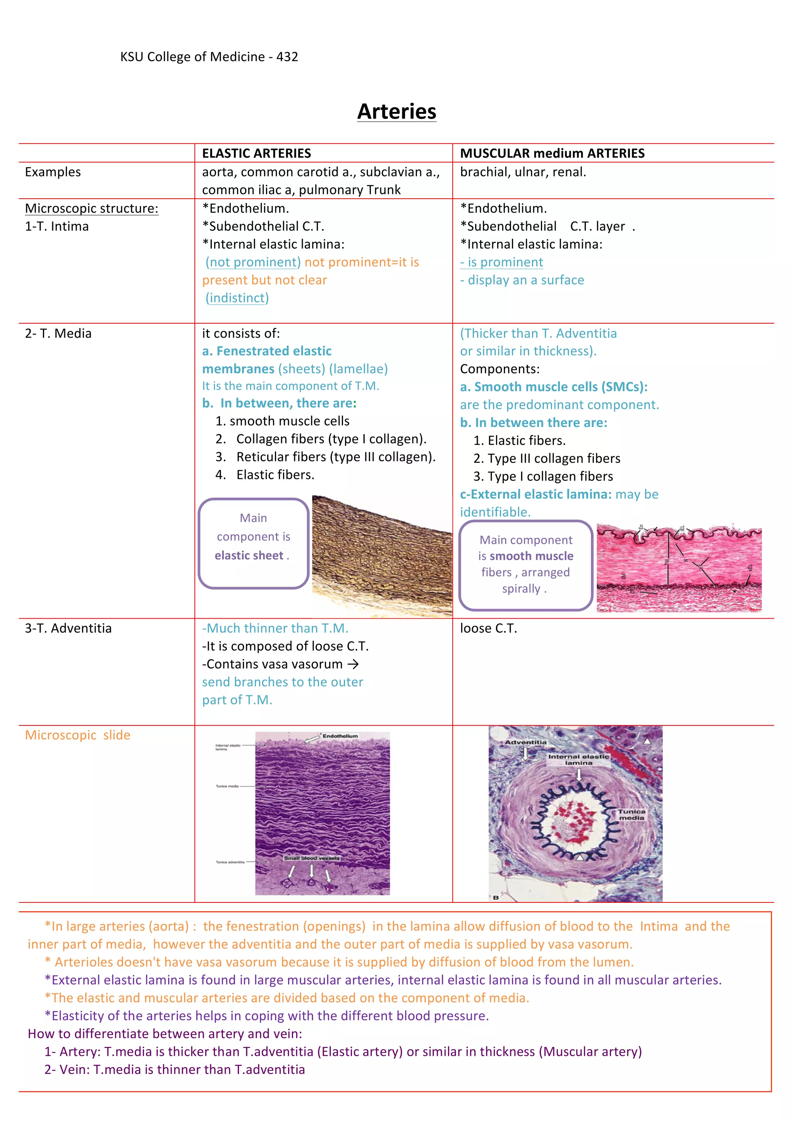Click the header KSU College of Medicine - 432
[209, 57]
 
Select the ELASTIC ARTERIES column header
[256, 153]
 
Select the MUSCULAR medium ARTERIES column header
[552, 153]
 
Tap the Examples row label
[53, 172]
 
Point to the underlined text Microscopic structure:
[91, 208]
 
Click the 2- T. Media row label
[58, 333]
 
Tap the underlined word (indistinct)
[237, 298]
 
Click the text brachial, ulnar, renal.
[523, 172]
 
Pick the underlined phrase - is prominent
[501, 262]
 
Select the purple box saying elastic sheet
[253, 544]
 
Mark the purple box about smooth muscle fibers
[526, 565]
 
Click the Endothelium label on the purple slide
[340, 736]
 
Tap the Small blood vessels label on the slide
[311, 858]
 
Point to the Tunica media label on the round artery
[631, 814]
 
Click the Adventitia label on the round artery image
[526, 742]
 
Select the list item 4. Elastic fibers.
[265, 475]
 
